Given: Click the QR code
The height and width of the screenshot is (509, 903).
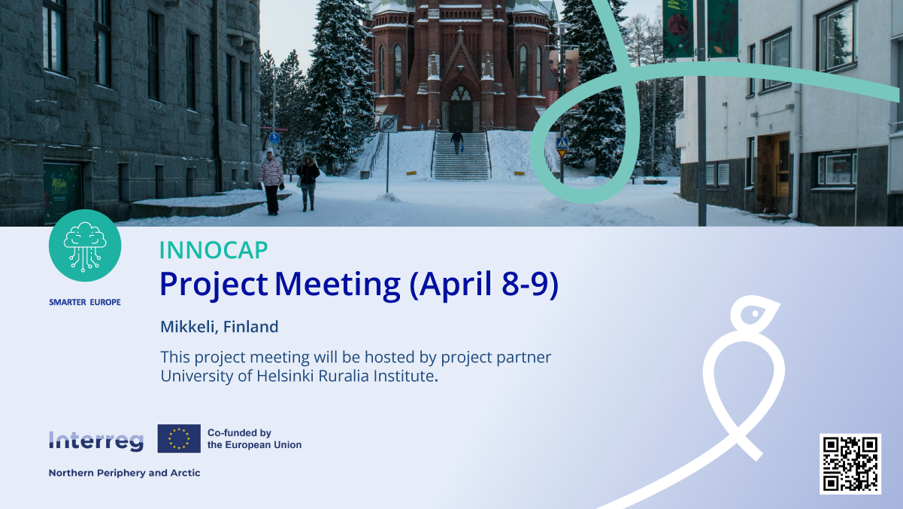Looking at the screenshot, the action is pos(850,464).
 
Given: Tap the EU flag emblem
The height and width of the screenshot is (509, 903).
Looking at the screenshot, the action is pos(179,438).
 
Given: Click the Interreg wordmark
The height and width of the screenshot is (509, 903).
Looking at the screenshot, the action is pos(96,440).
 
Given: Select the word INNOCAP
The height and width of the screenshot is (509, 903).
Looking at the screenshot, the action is pos(214,250).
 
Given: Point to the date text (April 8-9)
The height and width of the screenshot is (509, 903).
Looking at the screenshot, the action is pos(483,284).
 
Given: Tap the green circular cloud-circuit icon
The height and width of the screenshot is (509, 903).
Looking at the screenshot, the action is pos(85,245).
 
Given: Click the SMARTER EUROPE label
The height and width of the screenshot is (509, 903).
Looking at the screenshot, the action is pos(85,302).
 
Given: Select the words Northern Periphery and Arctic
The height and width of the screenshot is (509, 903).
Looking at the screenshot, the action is pos(124,473).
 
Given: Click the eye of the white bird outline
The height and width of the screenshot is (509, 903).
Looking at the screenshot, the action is pos(755,313).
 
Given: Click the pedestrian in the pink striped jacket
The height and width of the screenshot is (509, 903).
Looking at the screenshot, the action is pos(271,182).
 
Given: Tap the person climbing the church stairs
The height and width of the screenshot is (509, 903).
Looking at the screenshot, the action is pos(456,142).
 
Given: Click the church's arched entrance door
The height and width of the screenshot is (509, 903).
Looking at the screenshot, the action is pos(460,109).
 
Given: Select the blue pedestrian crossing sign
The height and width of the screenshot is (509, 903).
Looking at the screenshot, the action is pos(562,143).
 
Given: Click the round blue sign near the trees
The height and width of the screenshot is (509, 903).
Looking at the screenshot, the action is pos(274,138).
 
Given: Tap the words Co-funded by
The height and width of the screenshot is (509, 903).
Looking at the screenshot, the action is pos(239,433).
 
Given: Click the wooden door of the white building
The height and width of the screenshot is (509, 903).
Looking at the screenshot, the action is pos(774,174).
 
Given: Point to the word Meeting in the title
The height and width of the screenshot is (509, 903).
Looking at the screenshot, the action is pos(338,285).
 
